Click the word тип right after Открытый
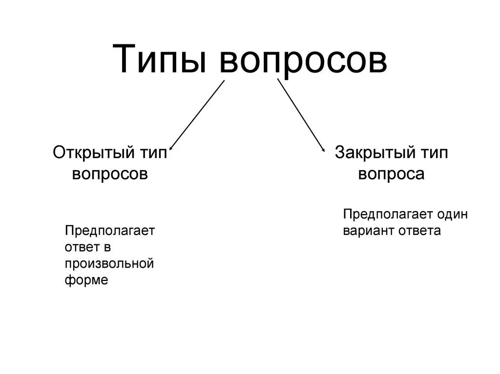[153, 153]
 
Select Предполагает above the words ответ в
[109, 230]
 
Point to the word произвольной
[109, 264]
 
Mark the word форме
[86, 280]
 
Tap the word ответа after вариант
[419, 231]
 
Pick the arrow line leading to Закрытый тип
[300, 115]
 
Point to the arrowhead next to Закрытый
[323, 150]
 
